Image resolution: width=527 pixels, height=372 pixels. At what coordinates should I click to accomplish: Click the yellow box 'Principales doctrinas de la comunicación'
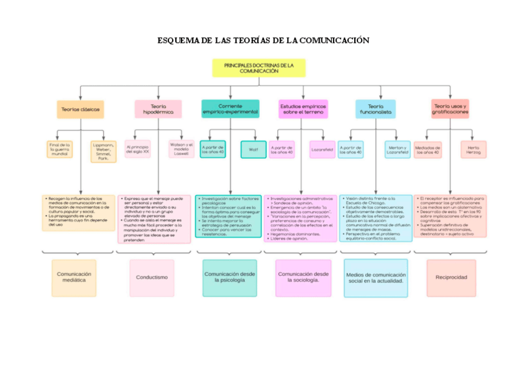[x=259, y=68]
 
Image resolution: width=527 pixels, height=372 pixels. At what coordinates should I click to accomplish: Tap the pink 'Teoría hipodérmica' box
[x=158, y=109]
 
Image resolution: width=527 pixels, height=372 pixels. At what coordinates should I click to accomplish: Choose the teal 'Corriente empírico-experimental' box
[x=230, y=109]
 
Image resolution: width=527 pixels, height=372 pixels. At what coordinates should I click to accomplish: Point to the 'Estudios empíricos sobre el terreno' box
[x=303, y=109]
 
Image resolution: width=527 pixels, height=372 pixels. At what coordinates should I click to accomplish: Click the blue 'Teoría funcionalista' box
[x=375, y=109]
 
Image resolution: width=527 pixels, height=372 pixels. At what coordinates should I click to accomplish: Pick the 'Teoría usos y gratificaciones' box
[x=450, y=109]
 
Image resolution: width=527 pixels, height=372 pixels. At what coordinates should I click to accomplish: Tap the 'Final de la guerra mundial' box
[x=60, y=150]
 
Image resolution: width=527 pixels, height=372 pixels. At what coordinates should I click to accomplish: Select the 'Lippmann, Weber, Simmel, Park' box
[x=103, y=151]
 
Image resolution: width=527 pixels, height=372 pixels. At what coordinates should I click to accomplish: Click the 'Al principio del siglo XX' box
[x=138, y=149]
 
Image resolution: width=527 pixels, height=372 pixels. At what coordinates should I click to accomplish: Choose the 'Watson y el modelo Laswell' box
[x=181, y=149]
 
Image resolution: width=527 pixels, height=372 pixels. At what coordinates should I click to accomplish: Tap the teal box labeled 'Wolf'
[x=253, y=150]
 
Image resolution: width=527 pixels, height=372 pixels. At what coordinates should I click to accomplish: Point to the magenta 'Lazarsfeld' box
[x=323, y=150]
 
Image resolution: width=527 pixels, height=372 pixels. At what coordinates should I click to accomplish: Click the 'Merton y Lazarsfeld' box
[x=398, y=150]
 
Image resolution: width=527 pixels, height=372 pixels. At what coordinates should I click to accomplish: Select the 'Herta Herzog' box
[x=474, y=150]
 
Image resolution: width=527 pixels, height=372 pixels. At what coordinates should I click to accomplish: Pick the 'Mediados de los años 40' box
[x=428, y=150]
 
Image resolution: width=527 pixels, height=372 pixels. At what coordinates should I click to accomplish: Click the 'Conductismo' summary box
[x=152, y=278]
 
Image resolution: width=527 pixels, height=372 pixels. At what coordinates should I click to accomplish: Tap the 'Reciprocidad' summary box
[x=451, y=278]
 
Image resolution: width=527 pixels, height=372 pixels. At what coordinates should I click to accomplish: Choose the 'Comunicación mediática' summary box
[x=74, y=278]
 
